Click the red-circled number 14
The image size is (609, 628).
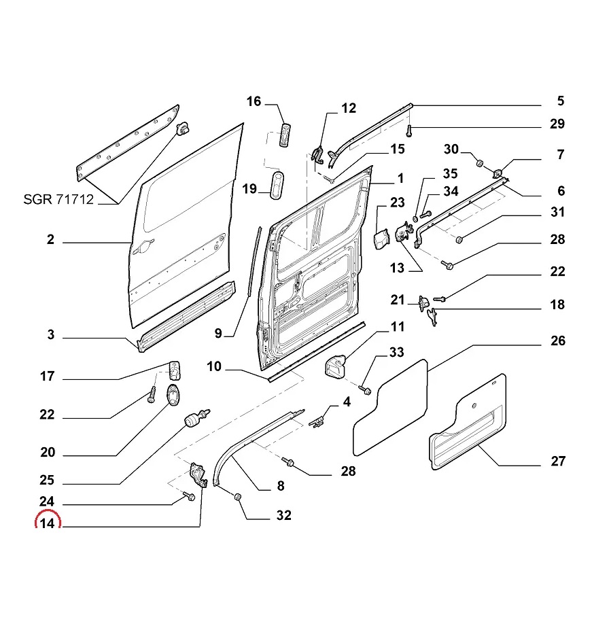[47, 524]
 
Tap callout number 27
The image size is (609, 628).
[557, 461]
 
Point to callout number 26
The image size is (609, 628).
[557, 341]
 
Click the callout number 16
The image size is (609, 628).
[254, 102]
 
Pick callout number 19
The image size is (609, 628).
[249, 188]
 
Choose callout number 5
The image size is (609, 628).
[560, 101]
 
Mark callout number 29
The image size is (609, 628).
[557, 124]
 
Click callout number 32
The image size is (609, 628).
[283, 516]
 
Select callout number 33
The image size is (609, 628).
[396, 352]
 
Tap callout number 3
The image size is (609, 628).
[50, 335]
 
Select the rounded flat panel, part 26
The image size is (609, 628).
[390, 408]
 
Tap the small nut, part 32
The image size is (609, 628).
[238, 498]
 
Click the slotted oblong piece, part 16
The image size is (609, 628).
[285, 133]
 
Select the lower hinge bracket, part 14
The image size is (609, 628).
[198, 473]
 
